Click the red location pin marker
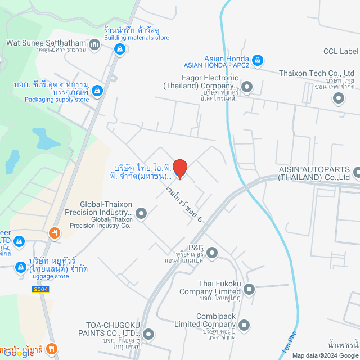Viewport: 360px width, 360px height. pyautogui.click(x=179, y=168)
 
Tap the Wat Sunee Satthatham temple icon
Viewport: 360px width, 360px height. pyautogui.click(x=94, y=44)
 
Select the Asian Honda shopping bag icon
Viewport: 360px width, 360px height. pyautogui.click(x=257, y=59)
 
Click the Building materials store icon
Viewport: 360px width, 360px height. pyautogui.click(x=119, y=49)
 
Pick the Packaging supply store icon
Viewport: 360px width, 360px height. pyautogui.click(x=98, y=90)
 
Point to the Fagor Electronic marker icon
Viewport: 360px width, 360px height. pyautogui.click(x=246, y=87)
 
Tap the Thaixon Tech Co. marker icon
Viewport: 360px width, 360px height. pyautogui.click(x=339, y=99)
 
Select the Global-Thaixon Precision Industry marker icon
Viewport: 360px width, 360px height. pyautogui.click(x=141, y=213)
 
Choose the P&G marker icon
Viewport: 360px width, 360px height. pyautogui.click(x=212, y=254)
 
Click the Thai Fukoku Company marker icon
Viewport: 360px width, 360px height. pyautogui.click(x=249, y=290)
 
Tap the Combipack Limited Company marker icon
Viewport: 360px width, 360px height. pyautogui.click(x=244, y=325)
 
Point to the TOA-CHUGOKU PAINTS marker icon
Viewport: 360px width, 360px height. pyautogui.click(x=148, y=334)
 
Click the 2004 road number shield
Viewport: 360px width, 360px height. pyautogui.click(x=40, y=289)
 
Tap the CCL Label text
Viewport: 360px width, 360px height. pyautogui.click(x=341, y=52)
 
